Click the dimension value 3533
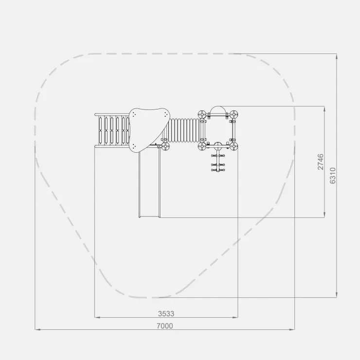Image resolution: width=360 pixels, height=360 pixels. coord(166,314)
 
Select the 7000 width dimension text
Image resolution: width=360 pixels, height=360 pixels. coord(164,326)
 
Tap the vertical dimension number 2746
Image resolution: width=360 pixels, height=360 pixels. coord(320,162)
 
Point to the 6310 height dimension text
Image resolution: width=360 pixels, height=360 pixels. coord(332,176)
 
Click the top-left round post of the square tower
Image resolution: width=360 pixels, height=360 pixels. coord(202,114)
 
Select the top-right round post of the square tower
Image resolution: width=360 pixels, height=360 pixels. coord(234,114)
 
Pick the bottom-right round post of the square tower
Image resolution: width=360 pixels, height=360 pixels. coord(234,146)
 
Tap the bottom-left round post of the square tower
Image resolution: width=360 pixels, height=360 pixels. coord(202,146)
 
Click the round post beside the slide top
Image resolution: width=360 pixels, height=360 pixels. coord(165,146)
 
